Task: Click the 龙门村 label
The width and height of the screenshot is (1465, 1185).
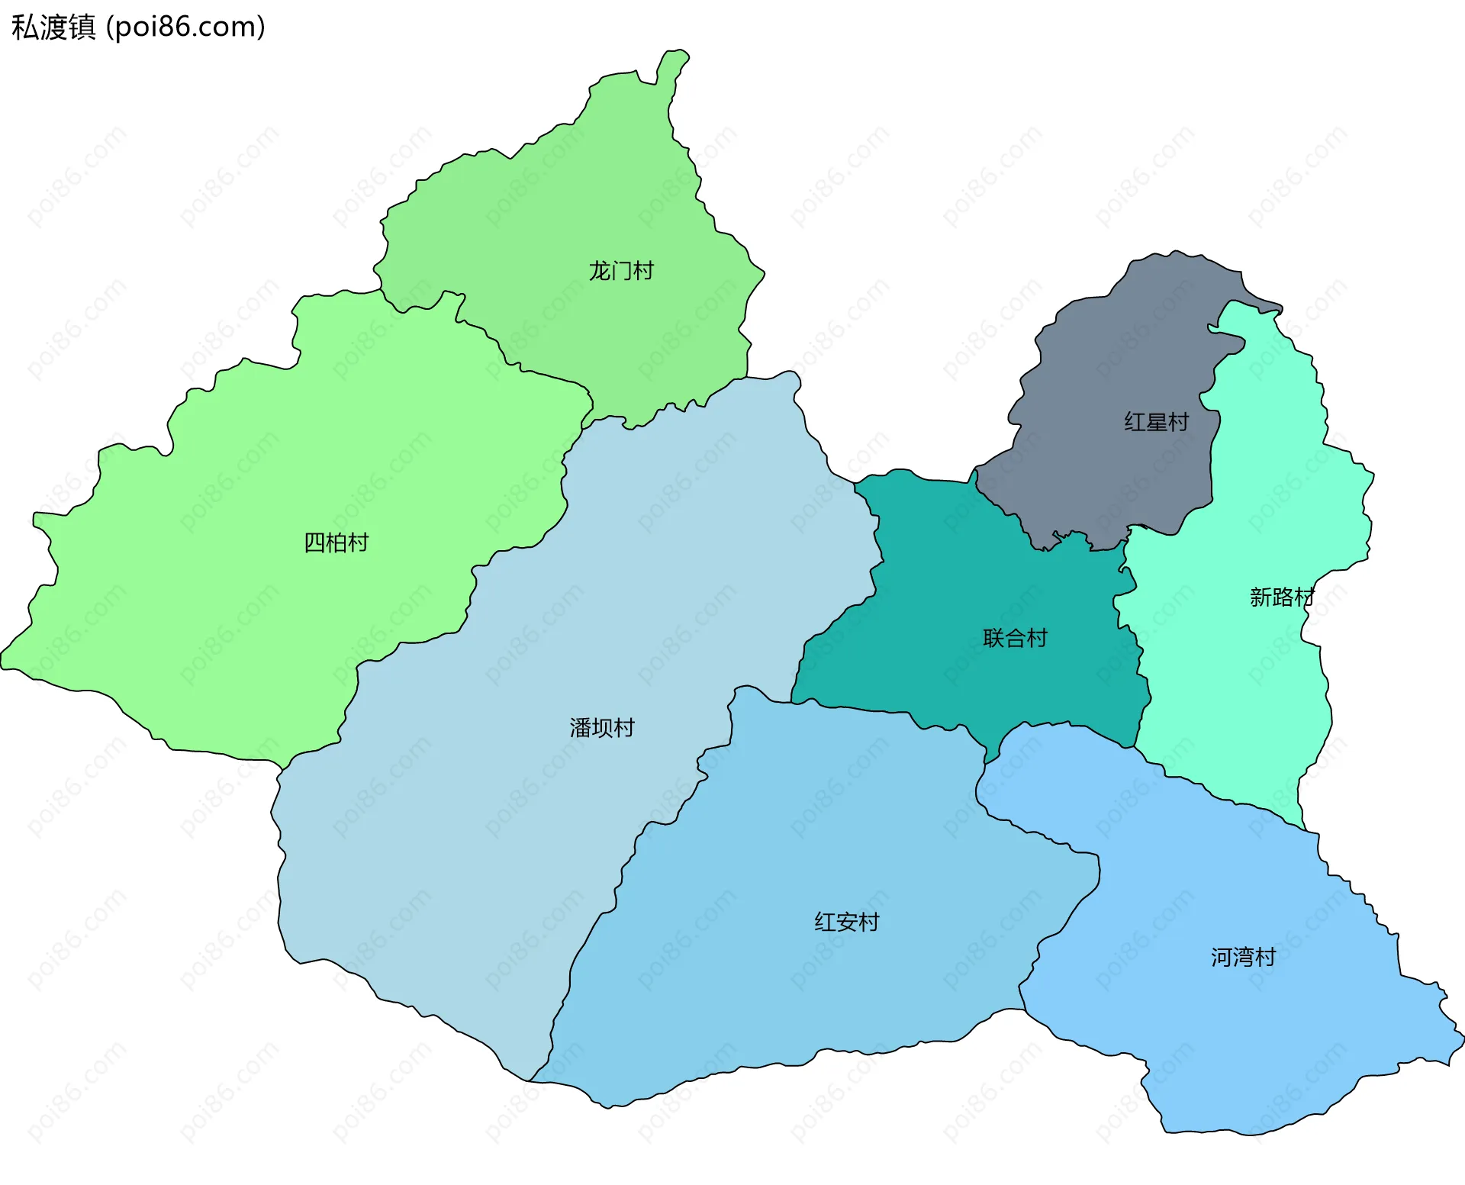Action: tap(620, 271)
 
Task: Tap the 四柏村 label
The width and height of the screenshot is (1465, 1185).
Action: tap(336, 543)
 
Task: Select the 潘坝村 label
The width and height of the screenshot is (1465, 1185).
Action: tap(601, 728)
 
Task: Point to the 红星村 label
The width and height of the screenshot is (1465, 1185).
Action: tap(1156, 422)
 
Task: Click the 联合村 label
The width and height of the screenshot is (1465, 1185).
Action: tap(1015, 638)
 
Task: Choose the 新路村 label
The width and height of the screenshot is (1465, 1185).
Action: tap(1282, 597)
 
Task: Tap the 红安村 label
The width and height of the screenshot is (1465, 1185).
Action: tap(846, 922)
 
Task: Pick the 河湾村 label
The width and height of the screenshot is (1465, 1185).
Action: tap(1243, 957)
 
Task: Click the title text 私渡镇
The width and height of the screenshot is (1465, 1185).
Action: tap(53, 27)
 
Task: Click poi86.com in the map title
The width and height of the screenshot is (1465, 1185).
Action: tap(185, 27)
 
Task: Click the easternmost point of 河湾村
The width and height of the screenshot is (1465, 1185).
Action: tap(1461, 1038)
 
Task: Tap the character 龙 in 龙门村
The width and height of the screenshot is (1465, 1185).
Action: tap(599, 271)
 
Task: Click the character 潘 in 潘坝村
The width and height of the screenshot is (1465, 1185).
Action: tap(580, 728)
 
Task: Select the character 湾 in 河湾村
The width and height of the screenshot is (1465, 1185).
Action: tap(1243, 957)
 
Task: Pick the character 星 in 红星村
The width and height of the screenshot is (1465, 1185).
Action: tap(1156, 422)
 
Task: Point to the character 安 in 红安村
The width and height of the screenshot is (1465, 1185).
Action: tap(846, 922)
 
